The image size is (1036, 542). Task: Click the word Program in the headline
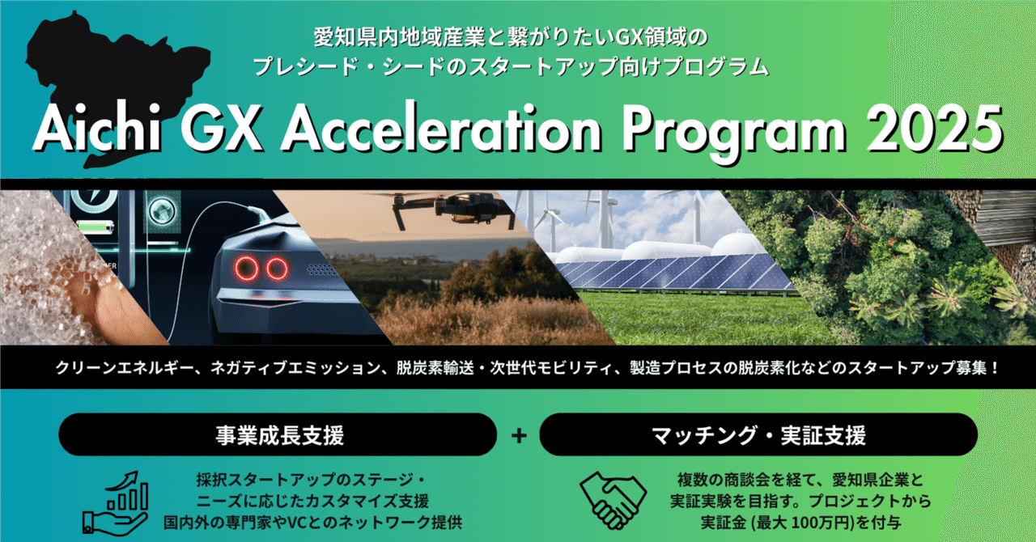click(733, 133)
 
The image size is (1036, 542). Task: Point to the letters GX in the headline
click(222, 128)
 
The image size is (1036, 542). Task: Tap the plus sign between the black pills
click(519, 435)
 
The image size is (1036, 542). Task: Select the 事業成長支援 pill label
click(280, 435)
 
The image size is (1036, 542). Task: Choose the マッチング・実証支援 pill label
click(758, 435)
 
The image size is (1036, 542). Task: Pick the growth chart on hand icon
click(116, 502)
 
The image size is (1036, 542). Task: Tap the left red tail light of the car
click(247, 269)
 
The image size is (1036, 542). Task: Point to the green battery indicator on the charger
click(96, 227)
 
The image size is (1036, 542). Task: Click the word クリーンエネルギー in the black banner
click(125, 368)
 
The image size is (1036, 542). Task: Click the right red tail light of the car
click(277, 269)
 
